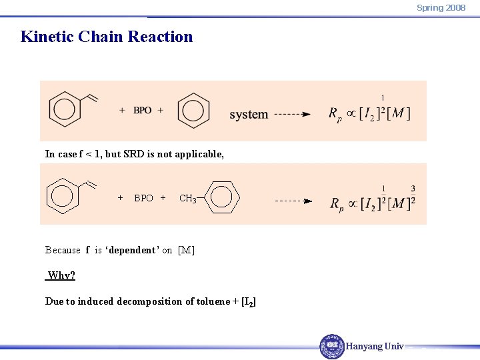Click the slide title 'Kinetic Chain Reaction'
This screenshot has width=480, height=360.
tap(107, 37)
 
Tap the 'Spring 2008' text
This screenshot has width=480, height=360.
tap(441, 8)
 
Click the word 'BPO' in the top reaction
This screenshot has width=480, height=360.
tap(142, 110)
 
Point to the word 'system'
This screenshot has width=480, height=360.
tap(249, 114)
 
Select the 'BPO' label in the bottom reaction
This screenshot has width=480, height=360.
tap(143, 198)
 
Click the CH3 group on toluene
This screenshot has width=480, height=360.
tap(187, 198)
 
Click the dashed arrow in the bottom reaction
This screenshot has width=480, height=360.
tap(293, 200)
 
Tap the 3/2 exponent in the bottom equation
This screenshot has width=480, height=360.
tap(413, 195)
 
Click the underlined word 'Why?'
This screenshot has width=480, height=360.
tap(61, 275)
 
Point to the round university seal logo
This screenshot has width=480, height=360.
tap(332, 347)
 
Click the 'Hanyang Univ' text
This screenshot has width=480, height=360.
tap(375, 347)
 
